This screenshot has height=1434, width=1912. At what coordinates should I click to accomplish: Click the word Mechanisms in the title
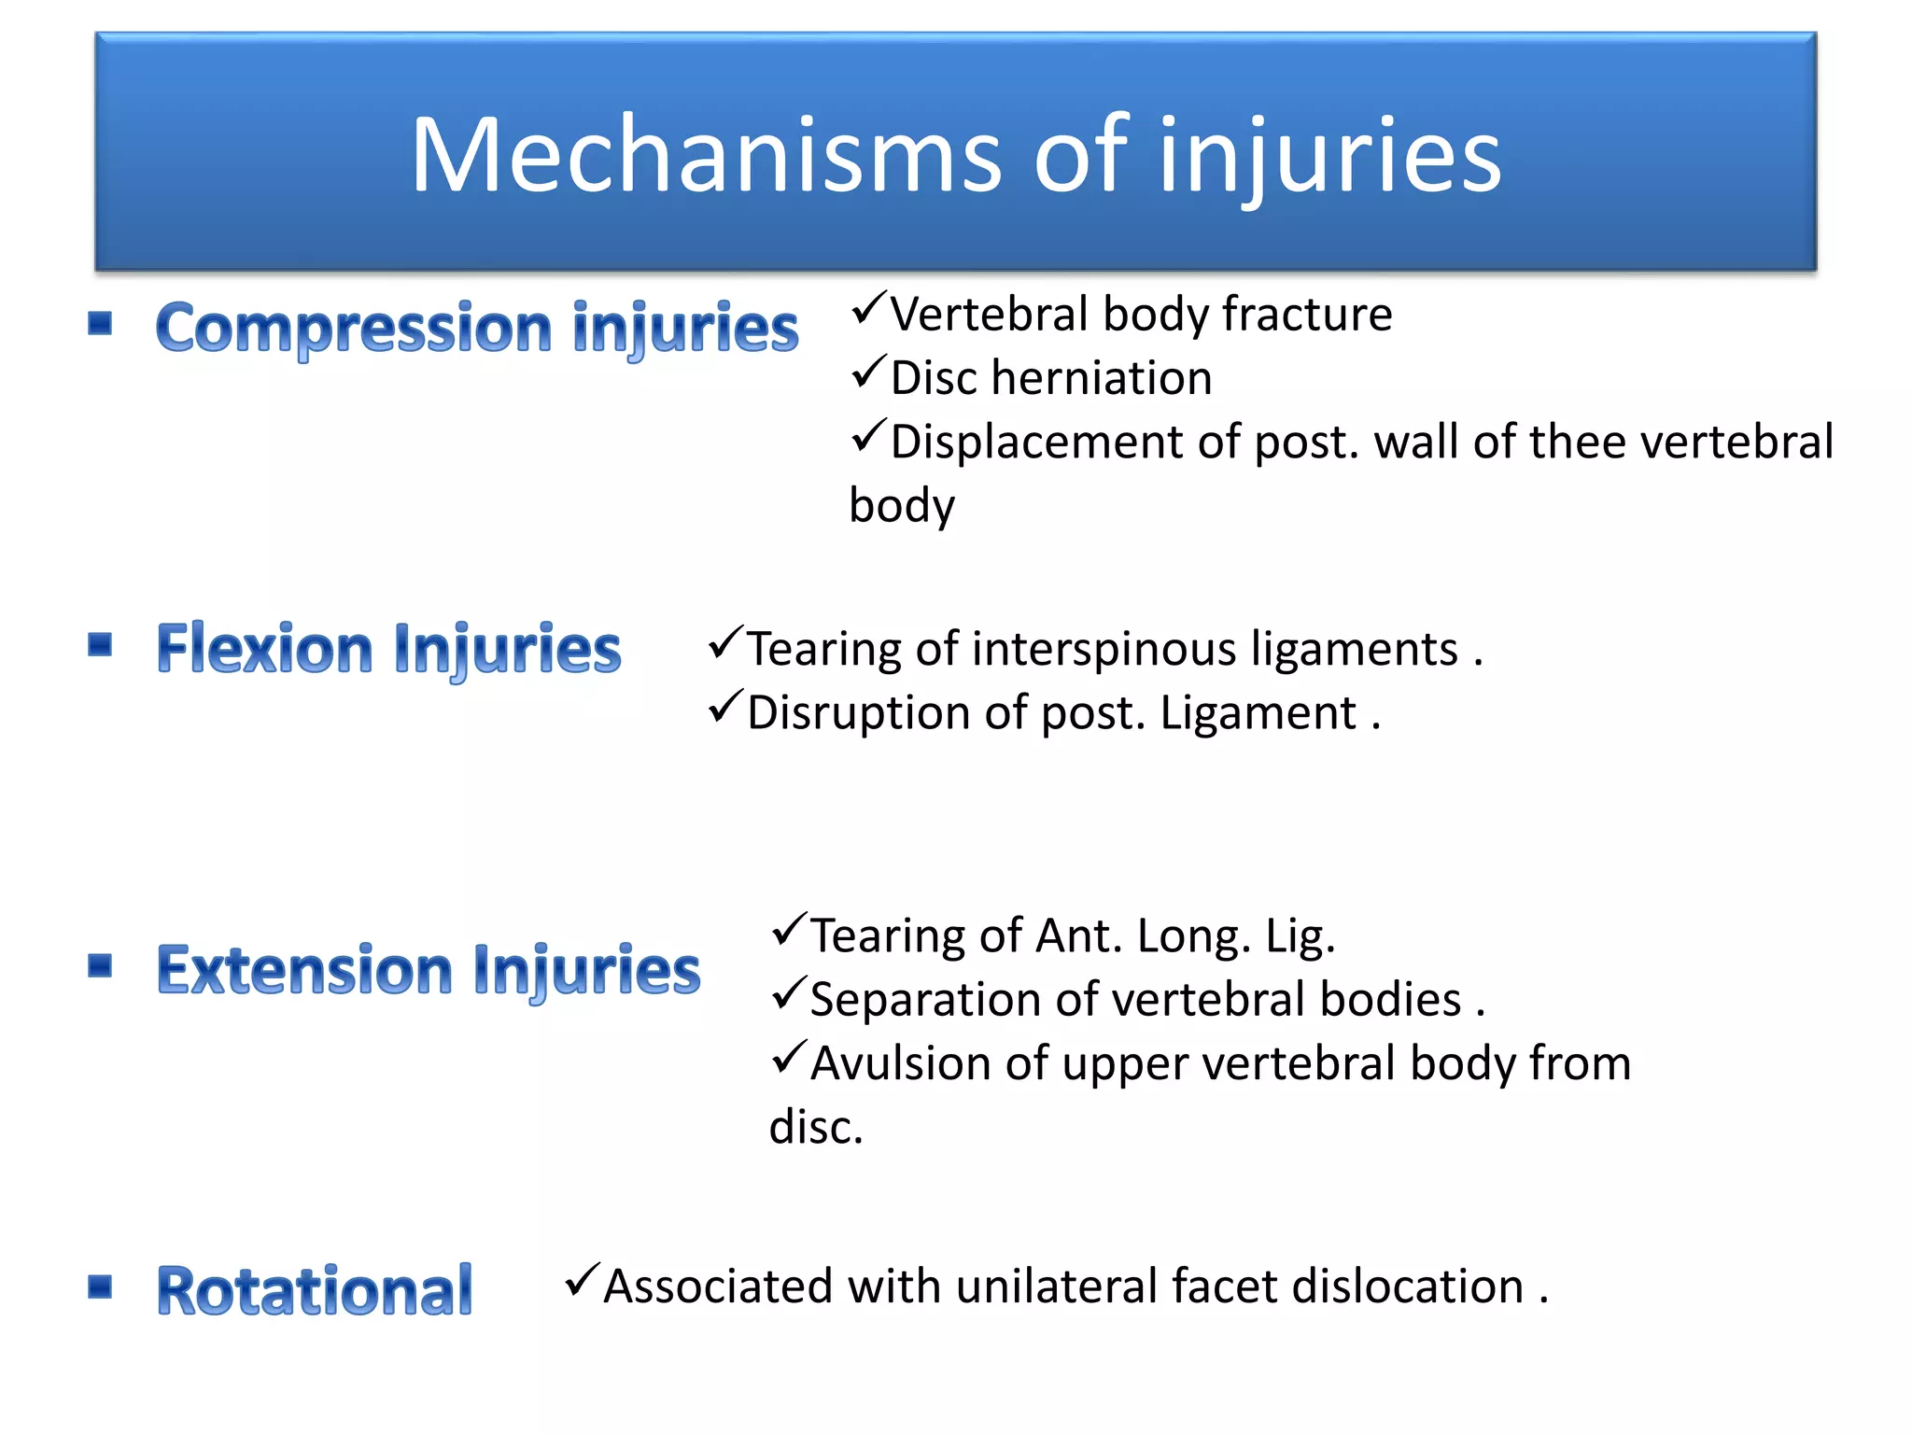(x=705, y=156)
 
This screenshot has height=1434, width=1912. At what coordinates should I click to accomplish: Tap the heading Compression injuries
(x=477, y=329)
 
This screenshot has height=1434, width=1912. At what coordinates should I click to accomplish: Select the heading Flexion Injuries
(x=388, y=649)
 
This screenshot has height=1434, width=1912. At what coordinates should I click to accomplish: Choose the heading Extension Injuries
(x=429, y=970)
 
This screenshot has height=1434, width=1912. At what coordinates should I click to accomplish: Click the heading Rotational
(x=315, y=1291)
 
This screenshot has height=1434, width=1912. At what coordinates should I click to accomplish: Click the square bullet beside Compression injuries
(x=100, y=324)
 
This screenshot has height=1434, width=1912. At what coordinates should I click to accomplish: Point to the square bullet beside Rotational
(x=100, y=1286)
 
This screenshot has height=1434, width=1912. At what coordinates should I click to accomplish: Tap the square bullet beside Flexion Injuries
(x=100, y=644)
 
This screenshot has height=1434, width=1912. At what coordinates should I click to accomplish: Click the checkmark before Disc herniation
(x=867, y=373)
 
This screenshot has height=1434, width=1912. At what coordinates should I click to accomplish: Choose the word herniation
(x=1102, y=378)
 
